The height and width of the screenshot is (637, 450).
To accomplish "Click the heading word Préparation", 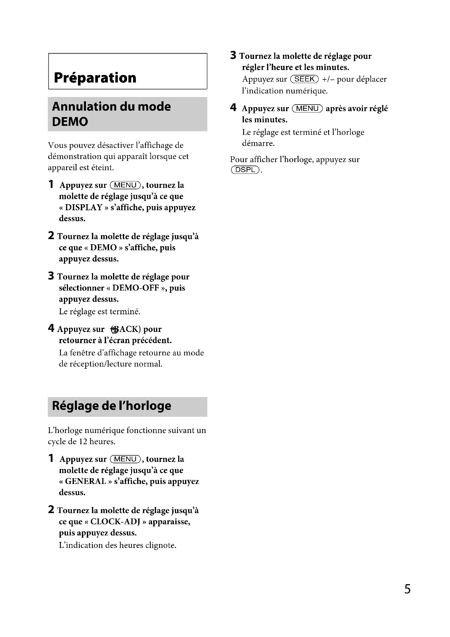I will click(x=95, y=78).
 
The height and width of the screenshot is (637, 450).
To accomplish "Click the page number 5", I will click(x=407, y=589).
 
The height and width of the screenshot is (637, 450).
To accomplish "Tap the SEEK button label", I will click(x=304, y=79).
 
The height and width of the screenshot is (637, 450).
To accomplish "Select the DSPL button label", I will click(x=245, y=169).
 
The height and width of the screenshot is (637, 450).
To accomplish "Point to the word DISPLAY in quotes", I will click(x=84, y=208).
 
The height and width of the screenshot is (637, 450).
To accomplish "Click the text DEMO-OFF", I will click(x=135, y=288).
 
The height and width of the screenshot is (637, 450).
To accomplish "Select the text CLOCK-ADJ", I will click(x=115, y=522).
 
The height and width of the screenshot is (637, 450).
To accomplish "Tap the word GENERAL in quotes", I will click(x=86, y=481).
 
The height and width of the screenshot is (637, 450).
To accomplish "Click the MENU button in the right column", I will click(x=307, y=108).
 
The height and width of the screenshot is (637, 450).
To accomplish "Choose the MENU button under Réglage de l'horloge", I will click(x=125, y=459).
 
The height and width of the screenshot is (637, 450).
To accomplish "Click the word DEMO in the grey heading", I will click(x=70, y=121).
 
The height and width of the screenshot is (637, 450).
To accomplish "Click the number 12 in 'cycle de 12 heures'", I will click(x=83, y=441).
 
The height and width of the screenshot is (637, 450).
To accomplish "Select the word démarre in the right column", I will click(x=258, y=144).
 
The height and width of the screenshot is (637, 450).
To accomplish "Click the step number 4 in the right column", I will click(x=233, y=107).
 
